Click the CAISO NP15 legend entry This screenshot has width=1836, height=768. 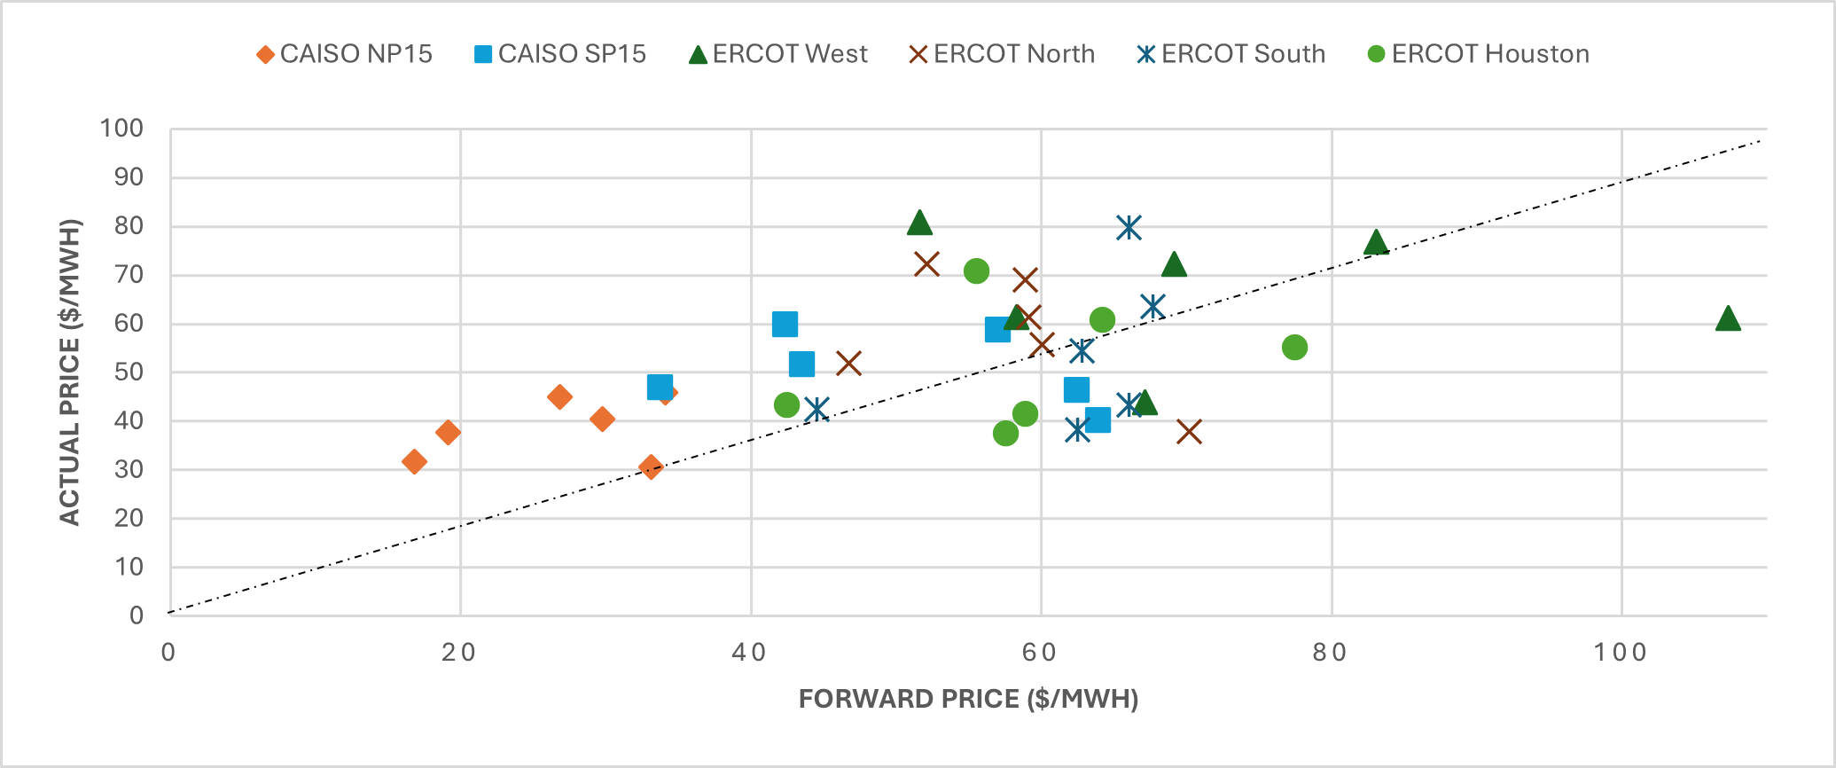tap(344, 54)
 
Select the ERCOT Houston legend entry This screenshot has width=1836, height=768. tap(1479, 54)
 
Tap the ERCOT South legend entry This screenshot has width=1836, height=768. tap(1231, 54)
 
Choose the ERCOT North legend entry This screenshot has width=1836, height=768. tap(1003, 54)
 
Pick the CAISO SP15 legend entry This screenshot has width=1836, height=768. tap(560, 54)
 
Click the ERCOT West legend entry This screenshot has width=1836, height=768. tap(778, 54)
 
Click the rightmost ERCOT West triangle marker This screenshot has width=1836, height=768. tap(1728, 319)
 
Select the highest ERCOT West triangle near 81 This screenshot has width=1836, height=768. tap(919, 223)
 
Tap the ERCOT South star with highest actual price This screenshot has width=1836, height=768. tap(1128, 228)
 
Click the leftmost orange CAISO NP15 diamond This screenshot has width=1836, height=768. tap(414, 462)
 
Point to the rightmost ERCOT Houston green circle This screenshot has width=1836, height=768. tap(1294, 348)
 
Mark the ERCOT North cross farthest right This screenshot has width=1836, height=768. tap(1189, 432)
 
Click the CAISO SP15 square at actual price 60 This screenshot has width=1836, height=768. tap(785, 325)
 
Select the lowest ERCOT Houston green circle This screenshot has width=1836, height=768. tap(1005, 434)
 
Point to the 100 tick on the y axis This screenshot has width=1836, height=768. tap(121, 129)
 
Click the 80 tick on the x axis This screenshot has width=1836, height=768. tap(1330, 653)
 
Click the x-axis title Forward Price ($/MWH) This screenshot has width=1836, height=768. tap(968, 699)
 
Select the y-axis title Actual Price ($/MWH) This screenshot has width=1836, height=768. tap(70, 372)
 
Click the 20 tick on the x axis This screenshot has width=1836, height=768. tap(458, 653)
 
